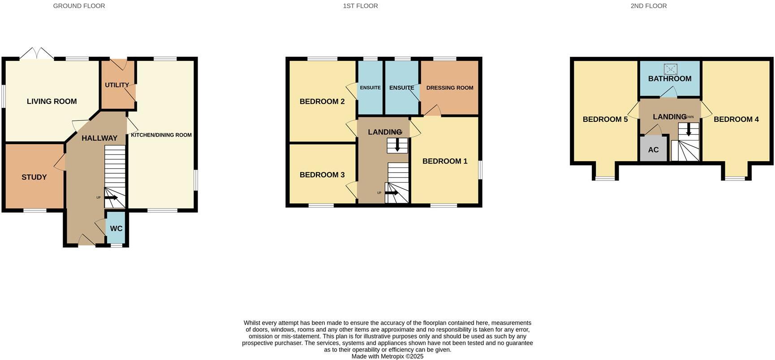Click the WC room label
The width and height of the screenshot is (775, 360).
(x=116, y=228)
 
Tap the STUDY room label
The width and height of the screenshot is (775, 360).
(x=34, y=177)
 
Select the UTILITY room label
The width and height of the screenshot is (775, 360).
(x=117, y=85)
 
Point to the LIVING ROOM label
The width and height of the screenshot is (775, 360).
(x=52, y=102)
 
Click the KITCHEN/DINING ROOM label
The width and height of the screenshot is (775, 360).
(x=161, y=135)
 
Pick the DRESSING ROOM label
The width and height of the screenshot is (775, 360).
(x=450, y=88)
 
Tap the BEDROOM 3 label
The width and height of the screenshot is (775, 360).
(x=322, y=175)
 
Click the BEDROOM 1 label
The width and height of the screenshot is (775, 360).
(x=445, y=161)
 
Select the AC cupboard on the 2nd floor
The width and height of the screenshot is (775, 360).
(x=653, y=150)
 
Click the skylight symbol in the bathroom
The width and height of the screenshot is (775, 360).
(x=670, y=69)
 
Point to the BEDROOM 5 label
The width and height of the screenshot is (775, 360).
(x=605, y=120)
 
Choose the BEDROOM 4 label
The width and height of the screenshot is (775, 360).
(x=736, y=120)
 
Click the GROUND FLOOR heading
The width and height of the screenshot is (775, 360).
(x=79, y=6)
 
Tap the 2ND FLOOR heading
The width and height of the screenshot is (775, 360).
(x=648, y=6)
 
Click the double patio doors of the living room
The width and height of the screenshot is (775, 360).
(x=37, y=53)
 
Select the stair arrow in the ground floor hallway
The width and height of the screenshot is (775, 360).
(x=111, y=197)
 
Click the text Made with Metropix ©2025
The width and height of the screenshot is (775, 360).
(x=387, y=356)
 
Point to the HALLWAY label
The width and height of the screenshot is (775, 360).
(x=99, y=138)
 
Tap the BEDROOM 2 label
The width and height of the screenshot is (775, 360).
(x=322, y=102)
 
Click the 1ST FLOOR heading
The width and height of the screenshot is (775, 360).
(x=360, y=6)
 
